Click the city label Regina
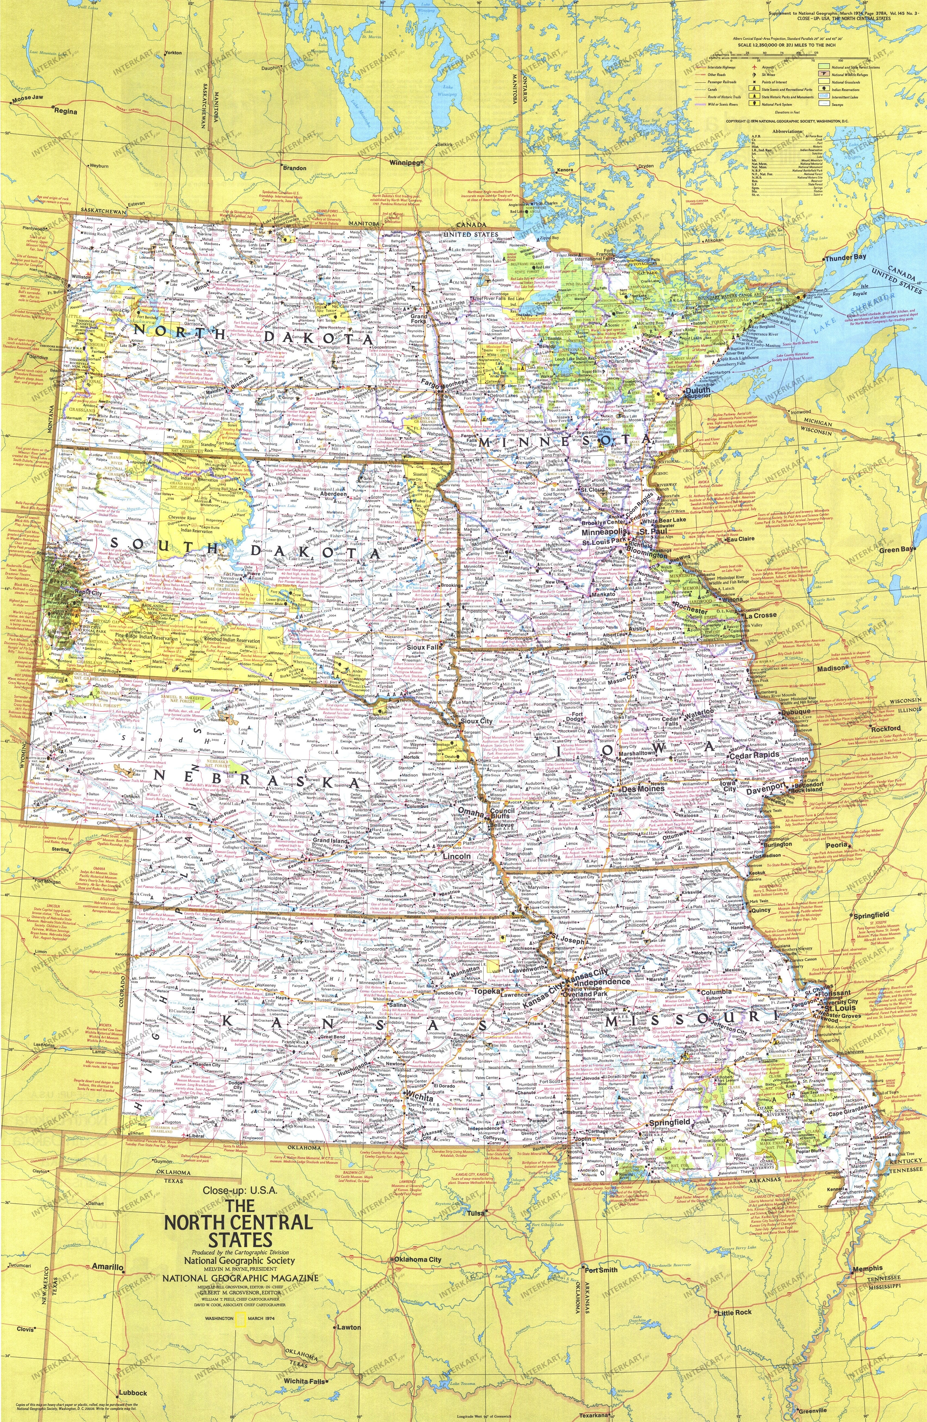[x=66, y=111]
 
